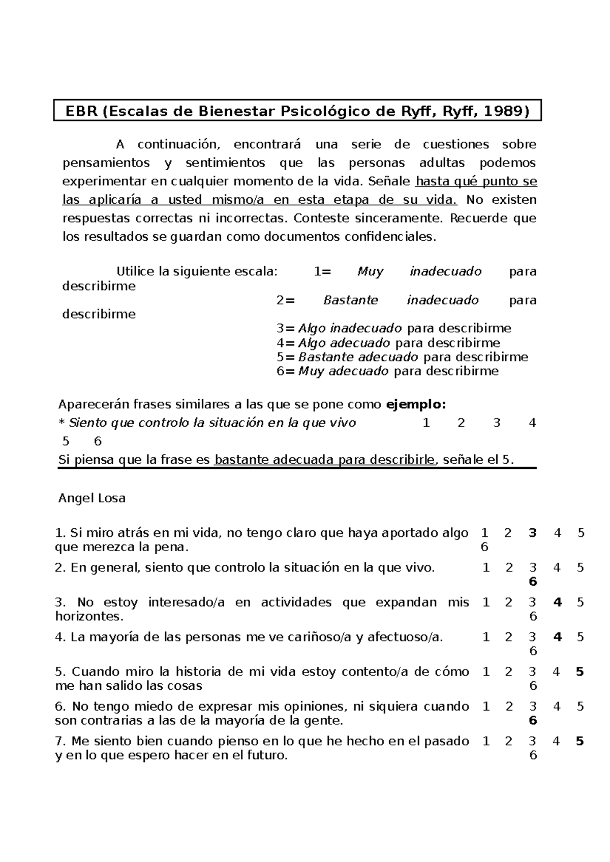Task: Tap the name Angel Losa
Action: pyautogui.click(x=92, y=498)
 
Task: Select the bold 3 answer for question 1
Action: pyautogui.click(x=532, y=533)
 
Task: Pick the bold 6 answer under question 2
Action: pyautogui.click(x=533, y=582)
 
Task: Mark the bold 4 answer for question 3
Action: pyautogui.click(x=558, y=602)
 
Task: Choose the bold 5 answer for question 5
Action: pyautogui.click(x=580, y=672)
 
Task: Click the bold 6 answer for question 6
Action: pyautogui.click(x=533, y=721)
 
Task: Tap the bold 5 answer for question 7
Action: pyautogui.click(x=580, y=742)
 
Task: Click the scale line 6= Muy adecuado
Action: pyautogui.click(x=387, y=371)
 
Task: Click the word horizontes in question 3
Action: pyautogui.click(x=88, y=617)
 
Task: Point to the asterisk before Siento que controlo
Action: pyautogui.click(x=62, y=423)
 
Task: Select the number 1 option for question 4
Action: pyautogui.click(x=486, y=637)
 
